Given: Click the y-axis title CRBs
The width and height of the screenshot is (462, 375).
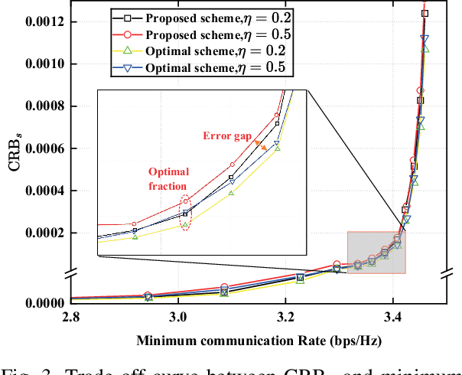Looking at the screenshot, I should point(13,172).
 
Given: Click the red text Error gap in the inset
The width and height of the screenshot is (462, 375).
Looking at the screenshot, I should point(226,136).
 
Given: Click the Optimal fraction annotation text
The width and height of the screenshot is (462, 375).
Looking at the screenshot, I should point(169,179).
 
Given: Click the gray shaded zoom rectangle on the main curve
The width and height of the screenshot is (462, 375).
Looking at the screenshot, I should point(376,252).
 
